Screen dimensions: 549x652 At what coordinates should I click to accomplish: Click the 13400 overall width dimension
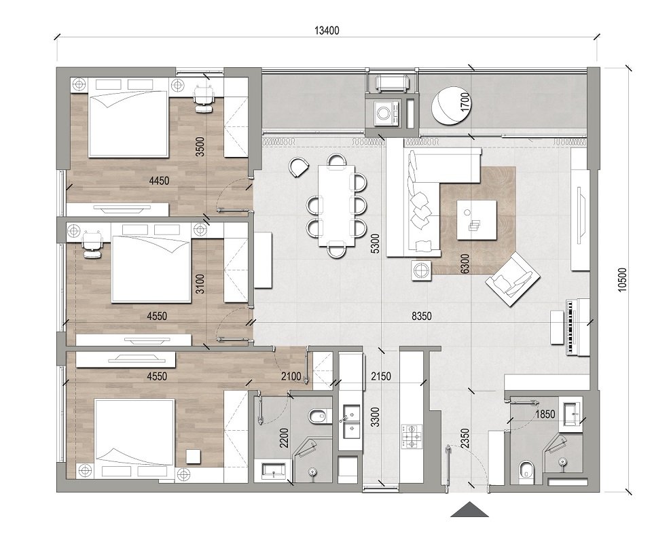click(x=326, y=30)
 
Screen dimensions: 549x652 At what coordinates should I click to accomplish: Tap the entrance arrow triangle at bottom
click(x=470, y=510)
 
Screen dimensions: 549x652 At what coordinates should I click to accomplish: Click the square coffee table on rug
click(x=477, y=219)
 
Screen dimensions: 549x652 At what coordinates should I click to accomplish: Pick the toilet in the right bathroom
click(x=526, y=470)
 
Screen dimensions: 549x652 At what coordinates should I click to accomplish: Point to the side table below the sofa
click(x=421, y=270)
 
